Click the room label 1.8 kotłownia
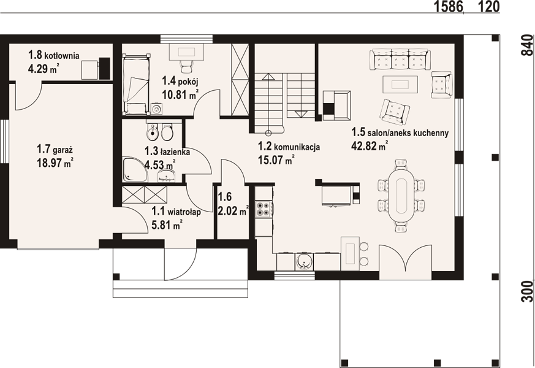[x=53, y=55]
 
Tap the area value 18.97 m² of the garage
[x=55, y=163]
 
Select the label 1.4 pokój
[x=180, y=81]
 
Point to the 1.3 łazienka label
[x=167, y=151]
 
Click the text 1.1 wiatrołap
[x=176, y=212]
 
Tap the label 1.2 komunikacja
[x=289, y=147]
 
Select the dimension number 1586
[x=449, y=6]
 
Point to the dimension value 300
[x=528, y=291]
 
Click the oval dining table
[x=401, y=195]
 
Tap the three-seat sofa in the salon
[x=400, y=59]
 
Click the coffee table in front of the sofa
[x=400, y=84]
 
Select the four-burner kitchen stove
[x=264, y=209]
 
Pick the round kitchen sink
[x=303, y=262]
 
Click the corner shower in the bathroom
[x=134, y=170]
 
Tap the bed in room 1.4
[x=136, y=84]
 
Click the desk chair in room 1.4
[x=187, y=66]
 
